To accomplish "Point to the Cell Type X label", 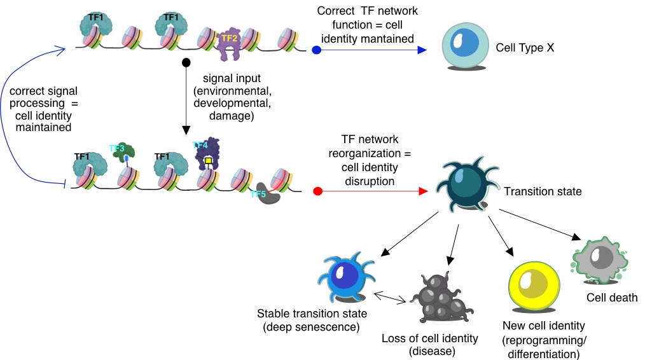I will click(525, 47).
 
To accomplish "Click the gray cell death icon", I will click(599, 259).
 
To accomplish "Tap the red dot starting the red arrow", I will click(319, 190).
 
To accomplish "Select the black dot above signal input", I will click(186, 62).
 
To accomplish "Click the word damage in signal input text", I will click(230, 116).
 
